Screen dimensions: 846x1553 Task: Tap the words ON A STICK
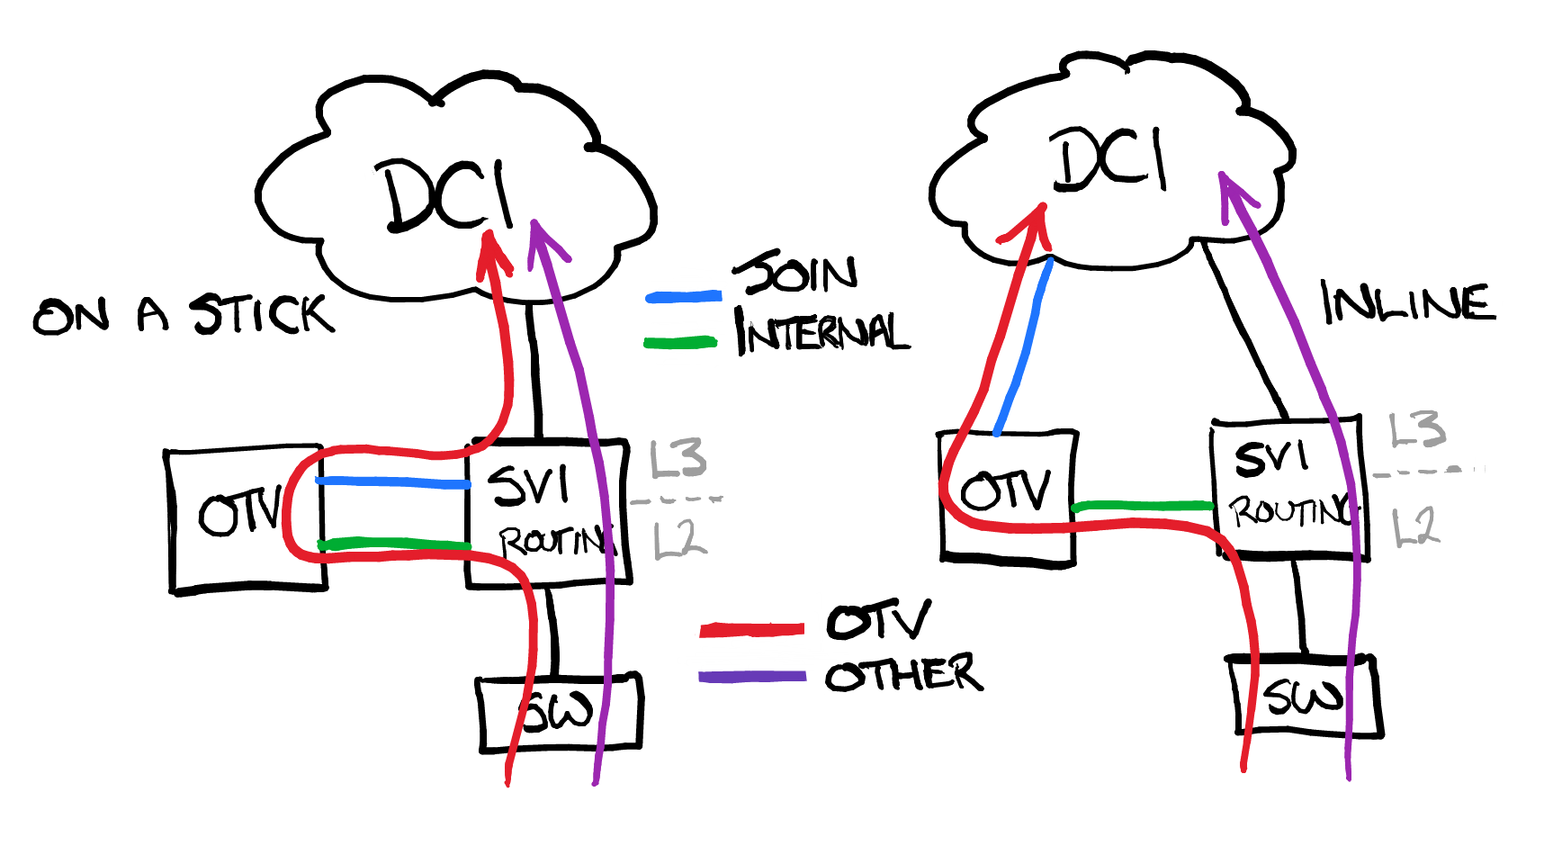pos(184,315)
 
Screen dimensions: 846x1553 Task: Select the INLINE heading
pos(1407,303)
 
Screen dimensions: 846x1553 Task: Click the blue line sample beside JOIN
pos(684,296)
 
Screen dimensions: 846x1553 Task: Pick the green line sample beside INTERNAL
pos(681,342)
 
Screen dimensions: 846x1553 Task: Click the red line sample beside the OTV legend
pos(751,630)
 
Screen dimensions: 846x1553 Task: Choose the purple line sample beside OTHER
pos(751,676)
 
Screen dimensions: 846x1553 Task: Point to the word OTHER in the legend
pos(903,674)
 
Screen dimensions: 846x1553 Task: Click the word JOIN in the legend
pos(795,272)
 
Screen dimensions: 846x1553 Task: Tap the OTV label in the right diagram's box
pos(1005,490)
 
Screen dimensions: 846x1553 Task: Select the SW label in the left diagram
pos(558,712)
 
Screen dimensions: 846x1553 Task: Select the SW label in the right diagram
pos(1302,697)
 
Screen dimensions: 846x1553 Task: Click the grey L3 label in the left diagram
pos(678,459)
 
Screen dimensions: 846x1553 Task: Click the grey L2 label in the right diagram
pos(1415,526)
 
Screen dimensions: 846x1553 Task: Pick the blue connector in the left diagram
pos(393,483)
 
